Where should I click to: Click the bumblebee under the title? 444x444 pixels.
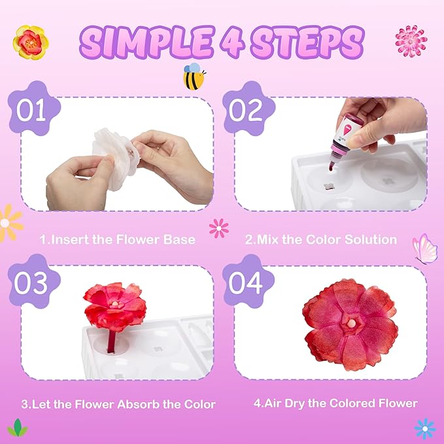pos(194,75)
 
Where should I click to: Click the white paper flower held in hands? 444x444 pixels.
pos(114,157)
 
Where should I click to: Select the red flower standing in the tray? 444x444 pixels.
pos(115,304)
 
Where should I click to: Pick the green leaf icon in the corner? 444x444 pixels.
pos(17,428)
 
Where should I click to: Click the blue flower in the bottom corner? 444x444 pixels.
pos(424,428)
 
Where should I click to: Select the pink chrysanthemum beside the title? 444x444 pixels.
pos(411,41)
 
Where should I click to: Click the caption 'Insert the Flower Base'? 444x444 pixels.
pos(117,239)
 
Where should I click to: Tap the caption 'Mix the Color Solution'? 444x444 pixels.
pos(320,239)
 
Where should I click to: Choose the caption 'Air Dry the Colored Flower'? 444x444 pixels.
pos(335,403)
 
